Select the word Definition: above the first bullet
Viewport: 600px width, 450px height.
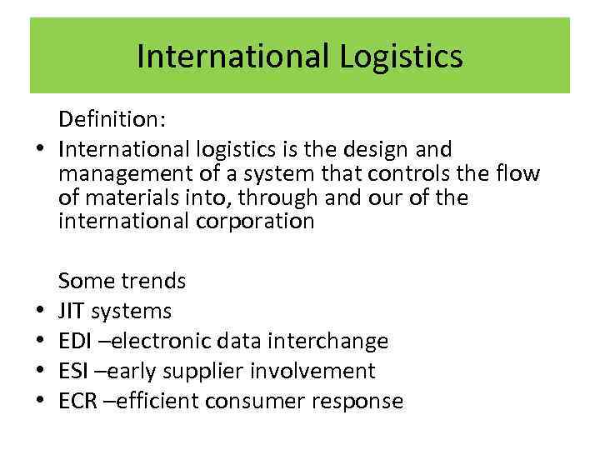pyautogui.click(x=112, y=122)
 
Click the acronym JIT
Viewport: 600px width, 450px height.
pyautogui.click(x=72, y=312)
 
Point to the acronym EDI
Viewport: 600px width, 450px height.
pyautogui.click(x=75, y=342)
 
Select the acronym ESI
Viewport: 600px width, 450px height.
pyautogui.click(x=73, y=372)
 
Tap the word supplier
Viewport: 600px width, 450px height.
pyautogui.click(x=215, y=372)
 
